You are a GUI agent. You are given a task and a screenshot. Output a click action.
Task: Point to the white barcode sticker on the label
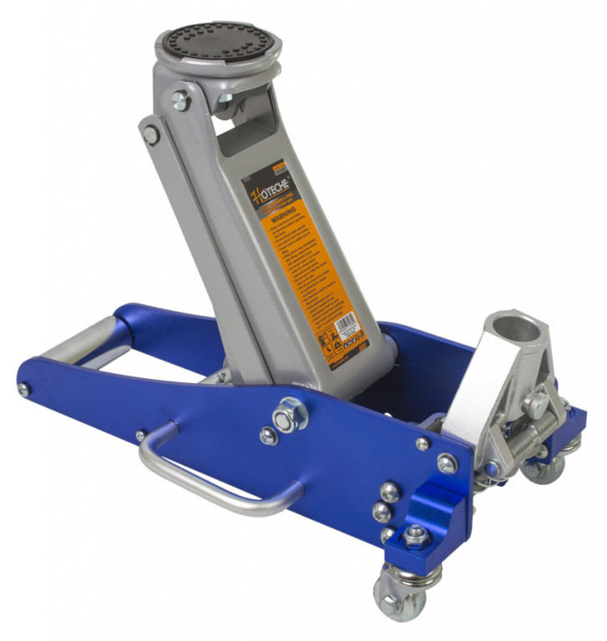pos(347,322)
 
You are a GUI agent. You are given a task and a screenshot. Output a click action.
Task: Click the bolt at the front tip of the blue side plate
pos(24,390)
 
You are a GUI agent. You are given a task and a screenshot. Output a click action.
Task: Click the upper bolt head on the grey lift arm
pos(180,100)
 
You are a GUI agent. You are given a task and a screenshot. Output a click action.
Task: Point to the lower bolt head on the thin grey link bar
pos(150,134)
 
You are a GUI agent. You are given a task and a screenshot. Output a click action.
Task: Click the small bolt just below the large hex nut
pos(269,435)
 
